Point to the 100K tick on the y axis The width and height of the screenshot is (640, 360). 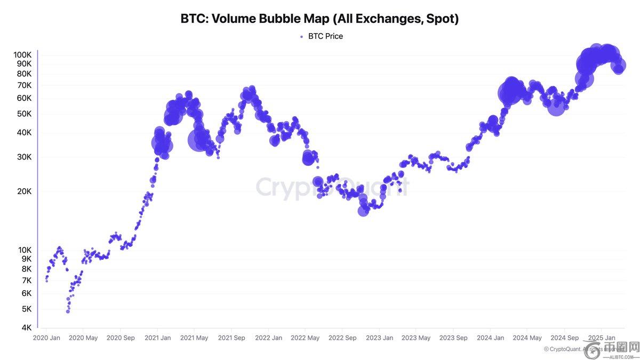pos(22,55)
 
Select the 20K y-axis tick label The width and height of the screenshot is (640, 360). pos(24,191)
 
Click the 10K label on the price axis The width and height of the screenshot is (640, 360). pos(24,250)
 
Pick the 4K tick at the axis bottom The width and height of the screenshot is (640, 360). pos(26,327)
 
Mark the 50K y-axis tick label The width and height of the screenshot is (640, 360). pos(24,114)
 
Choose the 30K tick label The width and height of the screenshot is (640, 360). pos(24,157)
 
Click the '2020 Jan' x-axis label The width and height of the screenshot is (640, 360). pos(46,338)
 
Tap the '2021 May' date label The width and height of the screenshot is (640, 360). pos(194,338)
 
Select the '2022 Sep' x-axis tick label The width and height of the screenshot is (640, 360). pos(342,338)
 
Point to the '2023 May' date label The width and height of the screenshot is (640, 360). pos(416,338)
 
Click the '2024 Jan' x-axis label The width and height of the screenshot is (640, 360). pos(491,338)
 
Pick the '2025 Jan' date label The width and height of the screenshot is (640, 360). pos(602,338)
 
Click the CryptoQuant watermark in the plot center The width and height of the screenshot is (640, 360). pos(332,188)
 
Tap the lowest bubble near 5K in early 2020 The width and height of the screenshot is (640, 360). pos(68,311)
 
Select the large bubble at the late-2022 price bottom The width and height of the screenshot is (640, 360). pos(363,210)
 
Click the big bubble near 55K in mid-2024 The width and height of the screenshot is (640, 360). pos(556,107)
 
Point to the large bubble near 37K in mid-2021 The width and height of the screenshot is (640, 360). pos(198,140)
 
